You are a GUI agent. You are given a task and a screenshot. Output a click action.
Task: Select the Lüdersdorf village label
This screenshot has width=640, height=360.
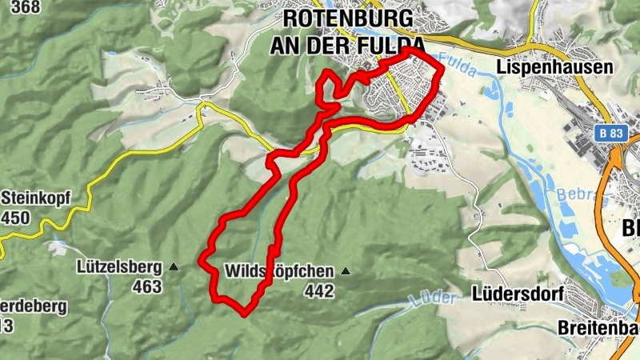pyautogui.click(x=518, y=294)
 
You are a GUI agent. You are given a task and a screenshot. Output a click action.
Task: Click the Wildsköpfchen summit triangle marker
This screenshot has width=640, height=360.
pyautogui.click(x=346, y=271)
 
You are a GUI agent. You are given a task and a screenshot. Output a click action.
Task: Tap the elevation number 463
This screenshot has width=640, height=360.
pyautogui.click(x=148, y=286)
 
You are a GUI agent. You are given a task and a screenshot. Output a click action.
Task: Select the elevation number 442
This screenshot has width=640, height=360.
pyautogui.click(x=318, y=291)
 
